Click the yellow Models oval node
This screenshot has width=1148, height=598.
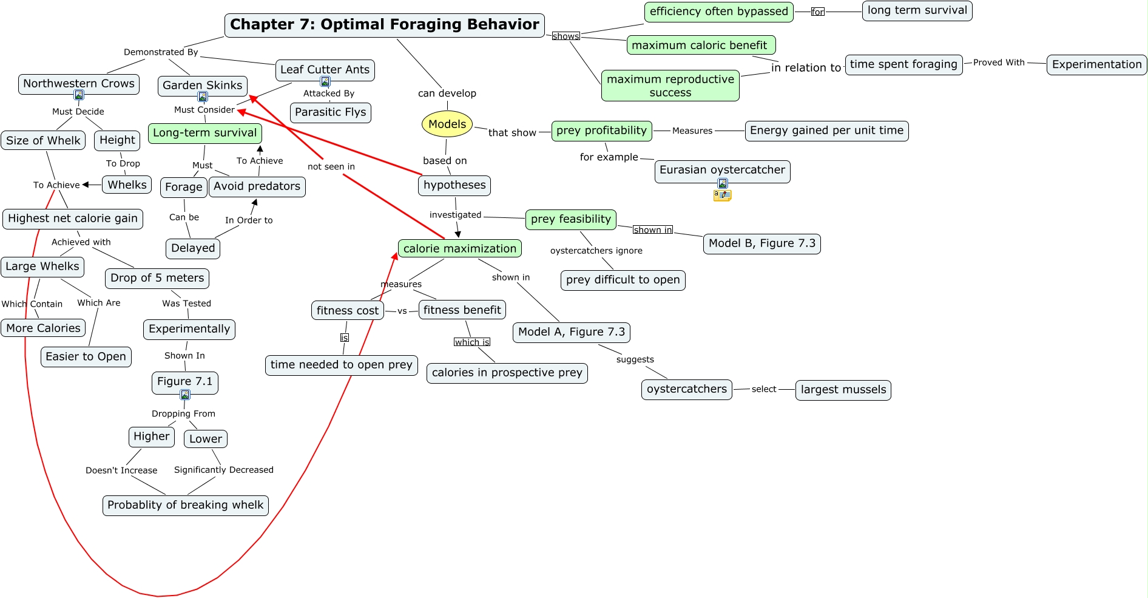point(447,124)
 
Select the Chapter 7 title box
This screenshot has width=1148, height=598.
point(384,25)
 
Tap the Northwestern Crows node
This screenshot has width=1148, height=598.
point(79,84)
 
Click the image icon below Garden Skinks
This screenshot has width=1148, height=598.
point(203,97)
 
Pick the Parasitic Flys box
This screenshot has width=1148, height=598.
point(330,112)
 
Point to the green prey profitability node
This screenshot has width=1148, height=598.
point(601,131)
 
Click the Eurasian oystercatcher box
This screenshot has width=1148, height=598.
point(722,170)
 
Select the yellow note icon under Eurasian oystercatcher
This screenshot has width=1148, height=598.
point(722,195)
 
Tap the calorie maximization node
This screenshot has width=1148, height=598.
point(459,248)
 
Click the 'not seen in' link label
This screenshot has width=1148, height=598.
point(331,166)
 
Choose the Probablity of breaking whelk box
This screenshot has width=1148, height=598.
point(185,505)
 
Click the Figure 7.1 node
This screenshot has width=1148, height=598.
point(184,382)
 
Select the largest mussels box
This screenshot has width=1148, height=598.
point(843,390)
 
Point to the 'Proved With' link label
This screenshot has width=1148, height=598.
point(998,63)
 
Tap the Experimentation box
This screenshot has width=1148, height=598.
point(1096,64)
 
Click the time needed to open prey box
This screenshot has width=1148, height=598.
point(341,365)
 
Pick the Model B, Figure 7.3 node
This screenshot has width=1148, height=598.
point(761,243)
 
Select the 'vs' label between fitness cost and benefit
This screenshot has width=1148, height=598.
point(402,311)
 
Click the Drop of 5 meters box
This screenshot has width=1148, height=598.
point(157,278)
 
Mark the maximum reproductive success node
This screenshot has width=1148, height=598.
point(670,86)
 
